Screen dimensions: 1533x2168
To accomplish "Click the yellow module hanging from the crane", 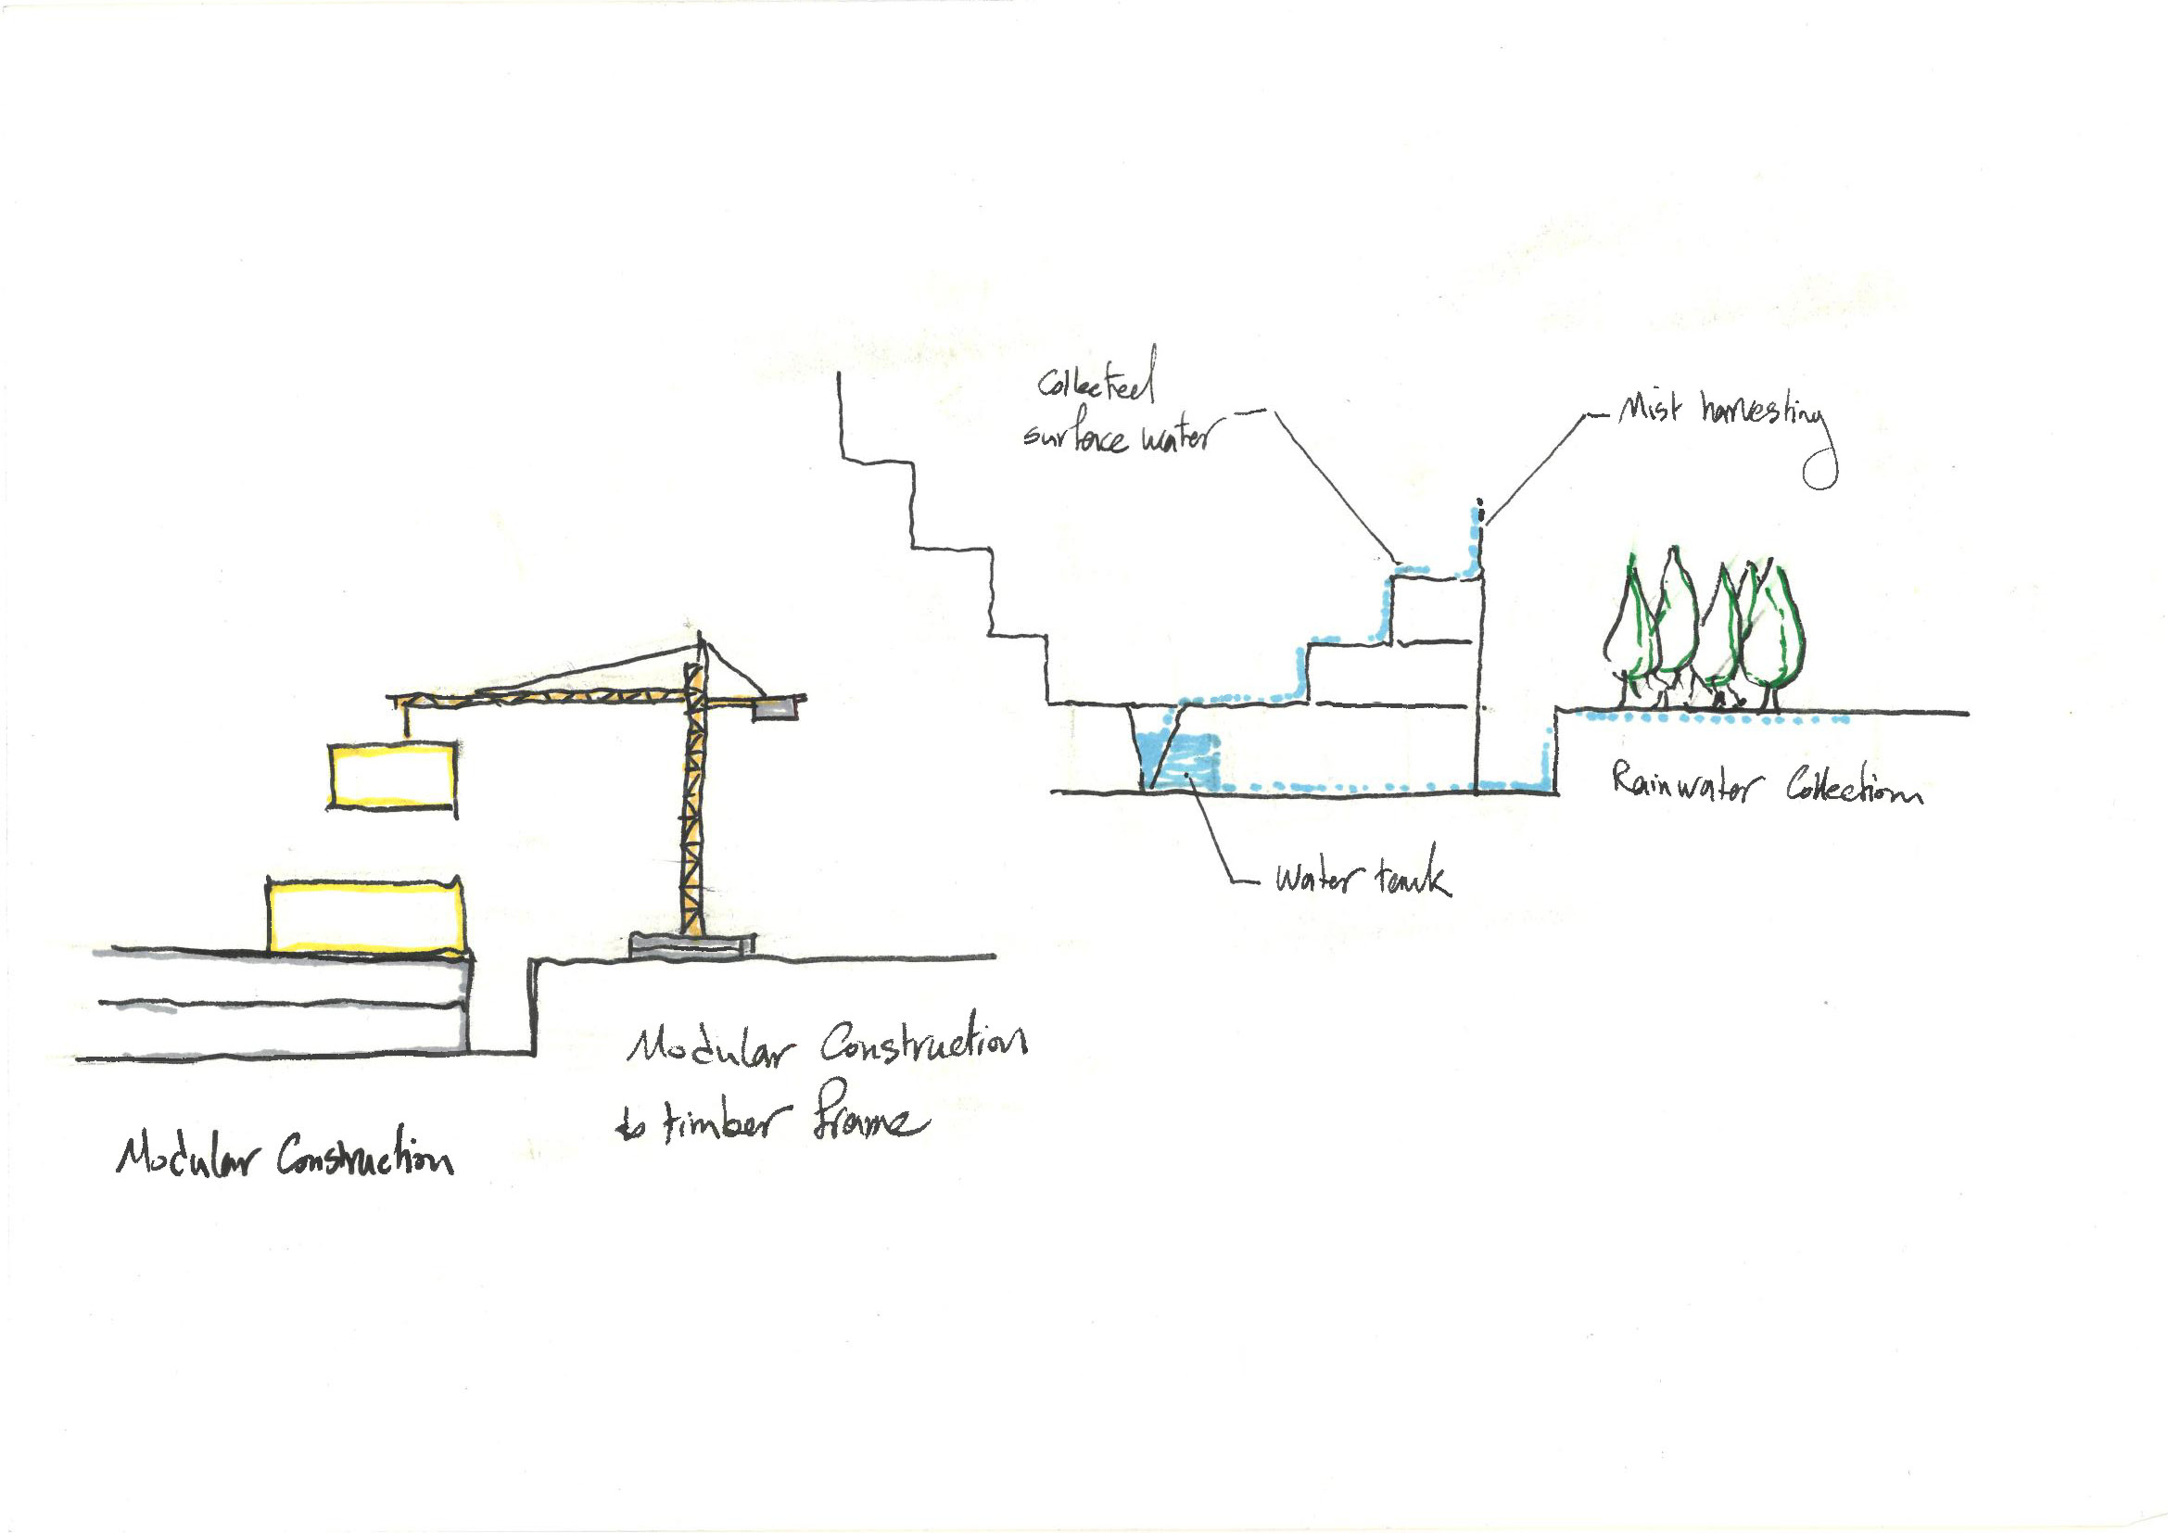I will (x=392, y=775).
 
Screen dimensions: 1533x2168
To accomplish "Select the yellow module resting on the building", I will (x=365, y=916).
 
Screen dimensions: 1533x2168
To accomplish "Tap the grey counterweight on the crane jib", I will (x=775, y=710).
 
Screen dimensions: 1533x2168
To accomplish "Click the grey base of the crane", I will (x=692, y=947).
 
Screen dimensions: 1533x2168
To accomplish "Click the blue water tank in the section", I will (x=1174, y=761).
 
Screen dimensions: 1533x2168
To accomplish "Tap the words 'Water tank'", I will (x=1362, y=880).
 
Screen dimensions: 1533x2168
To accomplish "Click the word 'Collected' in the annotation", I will (x=1096, y=380).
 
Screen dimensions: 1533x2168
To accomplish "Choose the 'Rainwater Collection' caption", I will (x=1764, y=785).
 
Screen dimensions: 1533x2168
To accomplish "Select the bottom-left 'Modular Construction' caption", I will (x=285, y=1156).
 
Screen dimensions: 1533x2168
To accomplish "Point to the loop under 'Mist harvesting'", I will (x=1819, y=470).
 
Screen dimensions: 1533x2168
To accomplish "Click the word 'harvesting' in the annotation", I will (x=1764, y=415).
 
